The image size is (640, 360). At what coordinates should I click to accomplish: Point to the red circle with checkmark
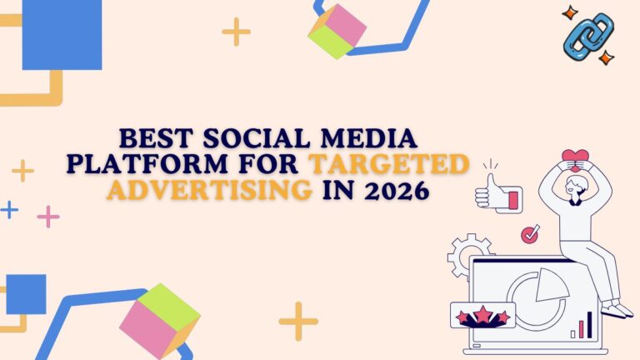tap(530, 235)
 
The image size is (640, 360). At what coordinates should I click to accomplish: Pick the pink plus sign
tap(48, 217)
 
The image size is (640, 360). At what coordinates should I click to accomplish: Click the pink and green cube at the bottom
tap(158, 321)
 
